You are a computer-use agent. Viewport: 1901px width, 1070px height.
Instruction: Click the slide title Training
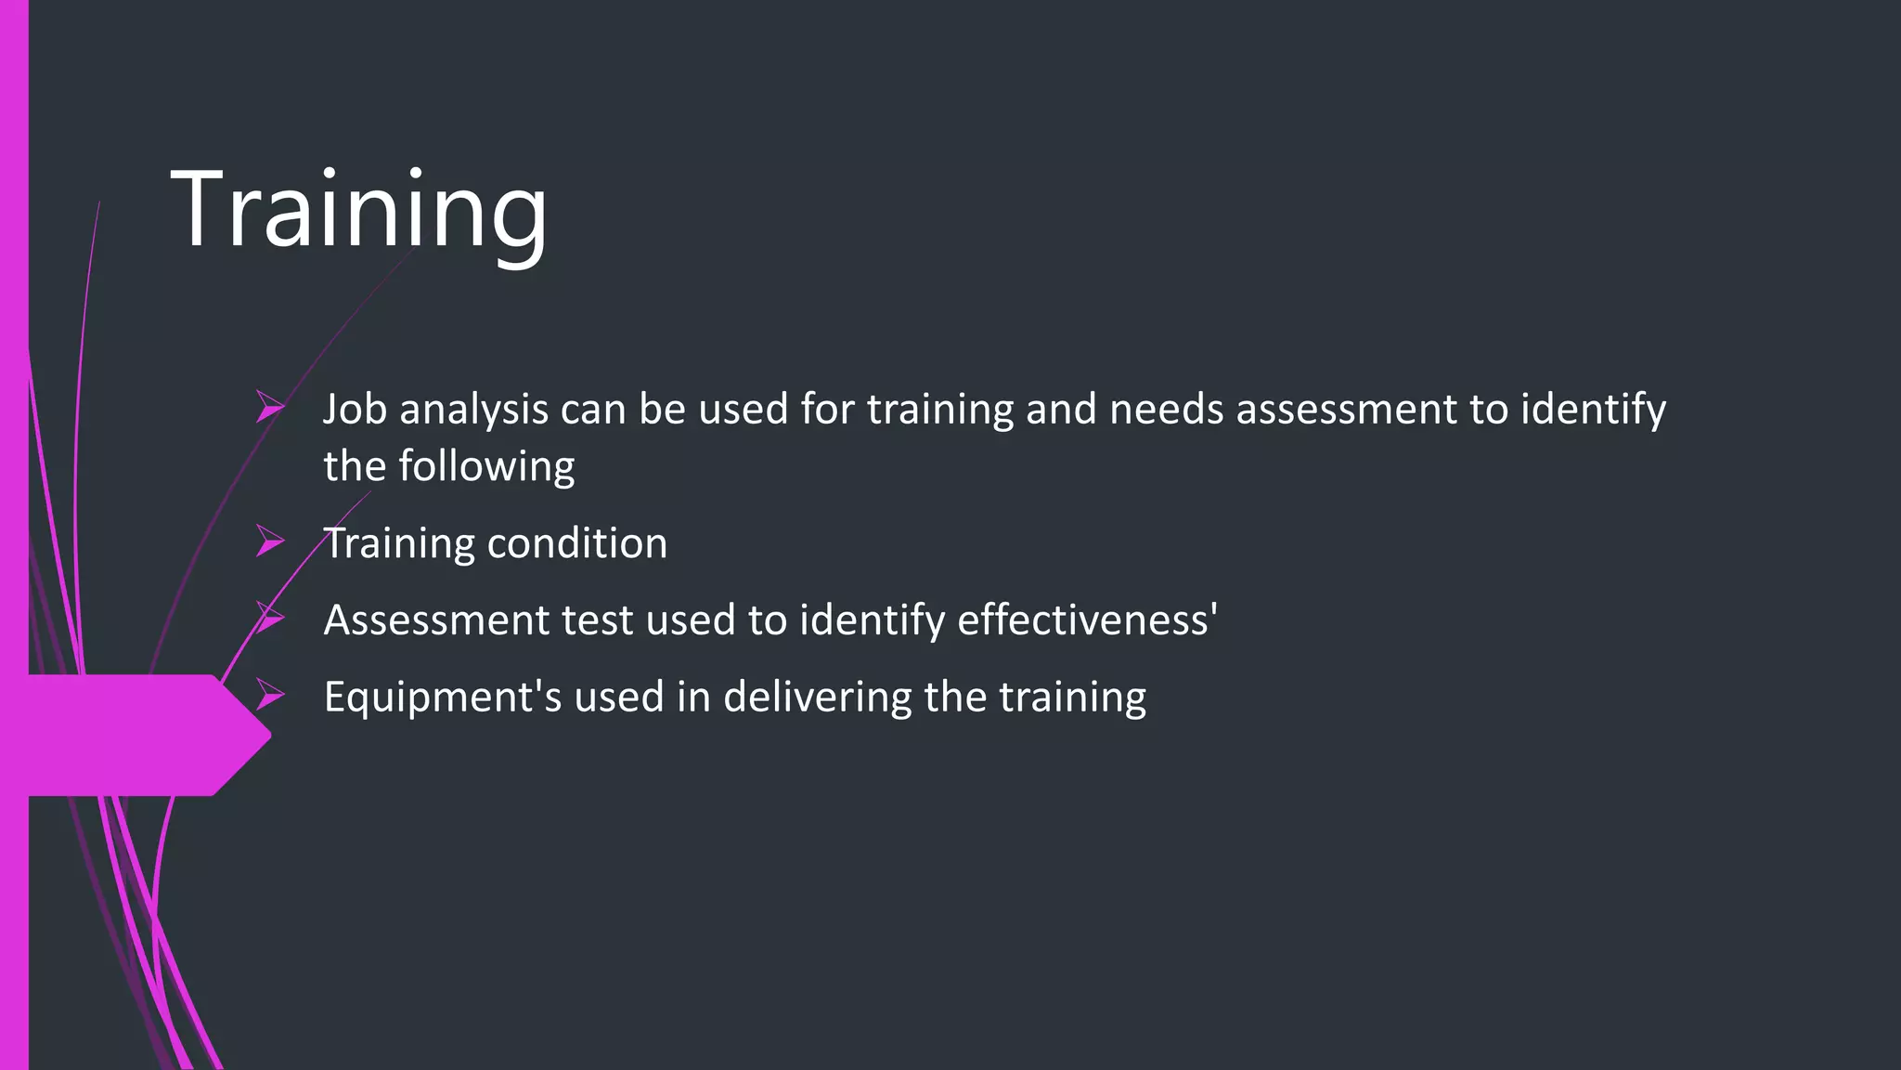coord(359,210)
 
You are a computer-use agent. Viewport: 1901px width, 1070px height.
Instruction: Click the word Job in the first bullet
coord(355,410)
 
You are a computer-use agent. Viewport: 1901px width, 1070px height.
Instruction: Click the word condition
coord(576,543)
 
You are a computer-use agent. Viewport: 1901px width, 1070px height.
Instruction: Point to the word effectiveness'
coord(1087,620)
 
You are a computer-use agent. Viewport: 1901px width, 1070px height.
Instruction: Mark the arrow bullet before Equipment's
coord(269,695)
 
